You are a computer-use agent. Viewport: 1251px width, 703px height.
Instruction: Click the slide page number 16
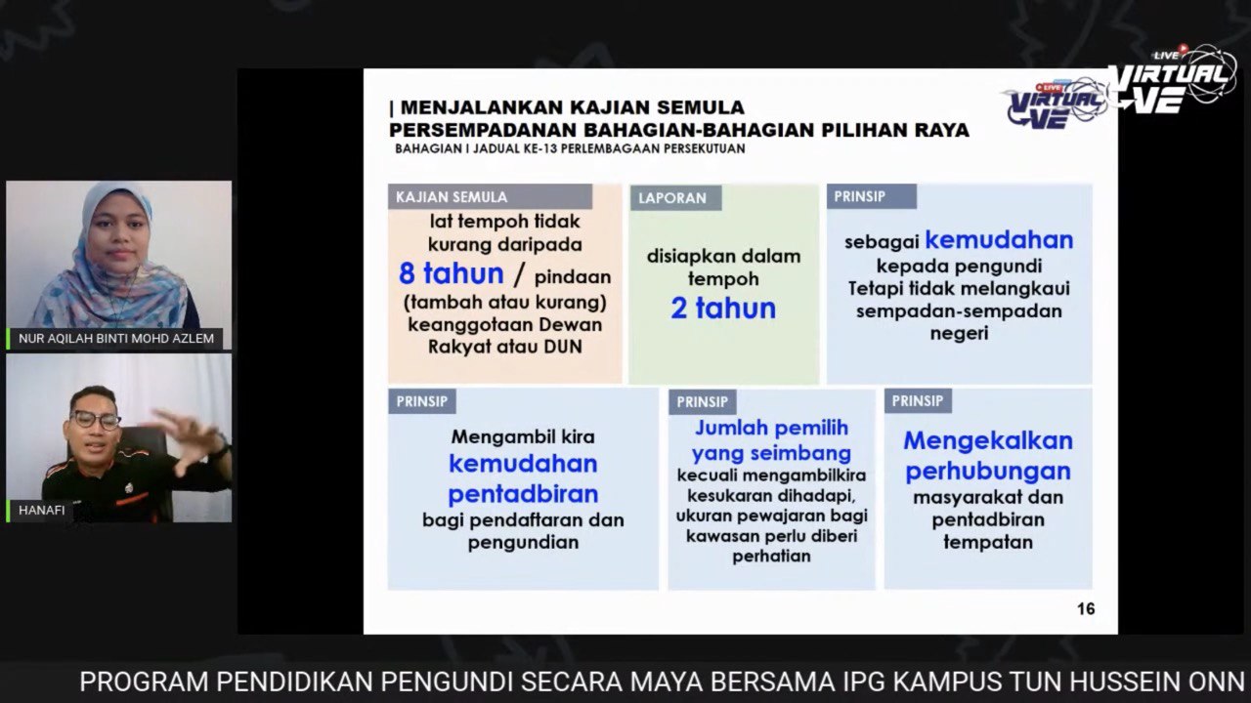click(1086, 608)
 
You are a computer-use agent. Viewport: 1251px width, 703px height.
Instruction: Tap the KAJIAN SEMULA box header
click(491, 197)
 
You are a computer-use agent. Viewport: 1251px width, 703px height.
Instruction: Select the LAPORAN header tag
click(675, 198)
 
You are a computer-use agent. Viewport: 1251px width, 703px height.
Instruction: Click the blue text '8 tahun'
click(452, 274)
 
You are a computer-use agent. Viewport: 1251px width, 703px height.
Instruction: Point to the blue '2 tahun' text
click(723, 309)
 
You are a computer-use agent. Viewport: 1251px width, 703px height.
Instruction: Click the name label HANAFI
click(41, 510)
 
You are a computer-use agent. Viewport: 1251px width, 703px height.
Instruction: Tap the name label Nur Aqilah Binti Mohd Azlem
click(116, 338)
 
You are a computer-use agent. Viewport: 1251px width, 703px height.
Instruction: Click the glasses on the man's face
click(96, 420)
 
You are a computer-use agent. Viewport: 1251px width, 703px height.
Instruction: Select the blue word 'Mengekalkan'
click(988, 441)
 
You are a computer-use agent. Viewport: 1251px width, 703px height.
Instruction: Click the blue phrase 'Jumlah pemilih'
click(771, 428)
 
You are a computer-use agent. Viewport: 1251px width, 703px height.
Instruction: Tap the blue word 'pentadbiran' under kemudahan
click(523, 494)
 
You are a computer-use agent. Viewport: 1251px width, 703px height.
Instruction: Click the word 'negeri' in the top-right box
click(959, 334)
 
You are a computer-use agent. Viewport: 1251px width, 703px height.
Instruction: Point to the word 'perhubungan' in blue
click(988, 472)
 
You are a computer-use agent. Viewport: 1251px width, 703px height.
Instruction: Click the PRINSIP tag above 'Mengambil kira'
click(422, 401)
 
